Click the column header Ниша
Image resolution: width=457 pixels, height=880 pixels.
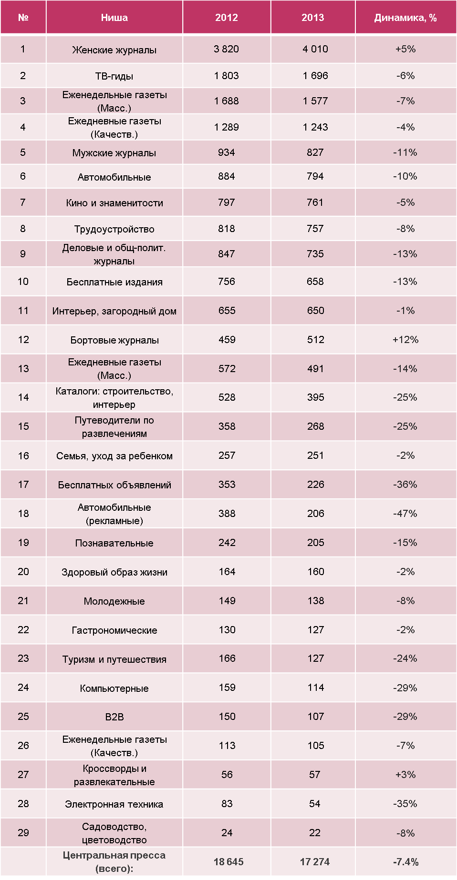pyautogui.click(x=114, y=18)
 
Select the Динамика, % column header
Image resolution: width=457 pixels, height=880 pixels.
pyautogui.click(x=405, y=18)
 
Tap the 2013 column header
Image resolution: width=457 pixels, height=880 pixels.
pyautogui.click(x=312, y=18)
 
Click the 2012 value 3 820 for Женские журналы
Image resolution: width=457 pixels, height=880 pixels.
pyautogui.click(x=226, y=49)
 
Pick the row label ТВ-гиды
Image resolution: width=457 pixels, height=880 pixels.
pyautogui.click(x=114, y=76)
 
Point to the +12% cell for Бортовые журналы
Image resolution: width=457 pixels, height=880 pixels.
pyautogui.click(x=405, y=340)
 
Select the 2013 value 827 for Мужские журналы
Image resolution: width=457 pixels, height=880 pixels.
pyautogui.click(x=315, y=152)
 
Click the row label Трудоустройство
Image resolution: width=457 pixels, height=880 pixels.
pyautogui.click(x=114, y=229)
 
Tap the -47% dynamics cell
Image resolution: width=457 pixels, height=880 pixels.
pyautogui.click(x=405, y=514)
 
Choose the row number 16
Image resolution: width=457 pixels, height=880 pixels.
pyautogui.click(x=23, y=456)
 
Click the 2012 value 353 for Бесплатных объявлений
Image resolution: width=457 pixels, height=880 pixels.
pyautogui.click(x=227, y=485)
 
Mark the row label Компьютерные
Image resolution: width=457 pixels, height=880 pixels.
pyautogui.click(x=114, y=688)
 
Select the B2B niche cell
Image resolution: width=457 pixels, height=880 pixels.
pyautogui.click(x=114, y=717)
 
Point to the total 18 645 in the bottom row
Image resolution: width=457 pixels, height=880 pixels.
pyautogui.click(x=228, y=862)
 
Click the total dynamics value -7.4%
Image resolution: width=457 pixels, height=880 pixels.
pyautogui.click(x=405, y=862)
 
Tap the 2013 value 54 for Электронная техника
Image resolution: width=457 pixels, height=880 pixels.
pyautogui.click(x=314, y=804)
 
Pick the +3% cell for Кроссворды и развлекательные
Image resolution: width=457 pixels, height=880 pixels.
pyautogui.click(x=405, y=775)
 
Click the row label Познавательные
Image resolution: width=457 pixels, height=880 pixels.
pyautogui.click(x=114, y=543)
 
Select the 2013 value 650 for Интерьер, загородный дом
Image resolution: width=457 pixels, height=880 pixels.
pyautogui.click(x=315, y=311)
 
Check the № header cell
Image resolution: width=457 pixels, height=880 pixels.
pyautogui.click(x=23, y=18)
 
